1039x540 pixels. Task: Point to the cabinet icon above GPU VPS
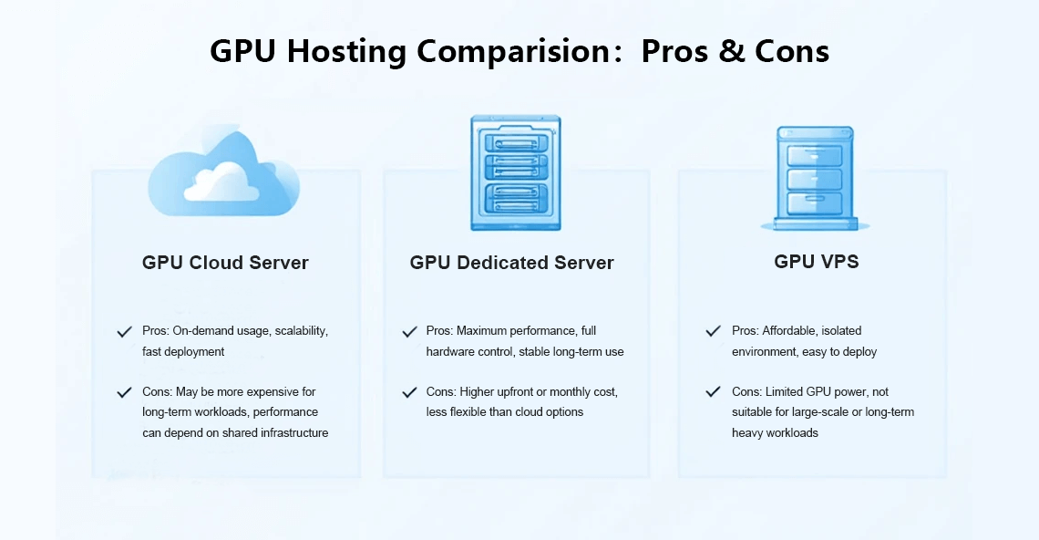(815, 179)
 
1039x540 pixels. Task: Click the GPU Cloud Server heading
(225, 263)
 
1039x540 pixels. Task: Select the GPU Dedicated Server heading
(512, 263)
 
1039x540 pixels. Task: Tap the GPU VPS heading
(817, 262)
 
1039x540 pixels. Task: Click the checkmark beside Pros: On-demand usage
(124, 332)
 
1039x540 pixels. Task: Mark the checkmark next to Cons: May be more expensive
(124, 392)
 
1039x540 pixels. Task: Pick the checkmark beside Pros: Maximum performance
(409, 332)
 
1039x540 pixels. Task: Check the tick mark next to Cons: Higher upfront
(409, 392)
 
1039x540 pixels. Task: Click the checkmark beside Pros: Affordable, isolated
(713, 331)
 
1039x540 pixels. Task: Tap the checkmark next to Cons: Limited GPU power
(713, 392)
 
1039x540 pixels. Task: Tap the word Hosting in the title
(346, 51)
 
